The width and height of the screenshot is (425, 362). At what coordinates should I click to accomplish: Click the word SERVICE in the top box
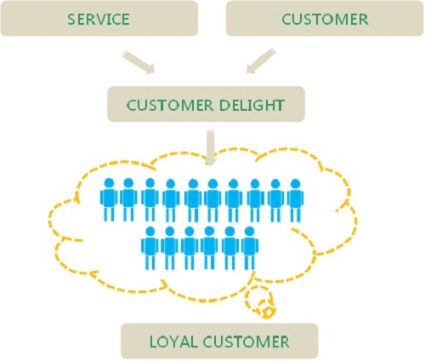[99, 20]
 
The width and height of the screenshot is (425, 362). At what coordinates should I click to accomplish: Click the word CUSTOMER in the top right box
[325, 20]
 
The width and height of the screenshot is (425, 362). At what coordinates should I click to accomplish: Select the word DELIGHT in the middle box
[252, 106]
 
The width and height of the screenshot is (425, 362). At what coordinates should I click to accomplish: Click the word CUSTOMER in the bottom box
[246, 342]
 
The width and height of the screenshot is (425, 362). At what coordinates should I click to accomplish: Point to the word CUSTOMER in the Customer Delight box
[170, 106]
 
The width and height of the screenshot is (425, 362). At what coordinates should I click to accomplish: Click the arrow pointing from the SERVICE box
[139, 63]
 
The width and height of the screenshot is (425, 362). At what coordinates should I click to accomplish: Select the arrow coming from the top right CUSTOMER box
[261, 60]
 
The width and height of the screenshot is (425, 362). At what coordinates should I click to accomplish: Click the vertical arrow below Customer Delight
[209, 147]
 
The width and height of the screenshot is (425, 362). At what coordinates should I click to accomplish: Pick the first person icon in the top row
[109, 199]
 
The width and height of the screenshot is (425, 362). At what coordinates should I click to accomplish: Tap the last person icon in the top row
[295, 200]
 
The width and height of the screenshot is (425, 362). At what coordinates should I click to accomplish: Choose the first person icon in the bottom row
[150, 248]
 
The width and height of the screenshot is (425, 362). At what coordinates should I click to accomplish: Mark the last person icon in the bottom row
[250, 248]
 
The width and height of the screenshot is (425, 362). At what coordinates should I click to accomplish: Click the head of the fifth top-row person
[193, 183]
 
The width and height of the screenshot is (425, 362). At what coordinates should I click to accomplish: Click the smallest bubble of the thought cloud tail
[268, 312]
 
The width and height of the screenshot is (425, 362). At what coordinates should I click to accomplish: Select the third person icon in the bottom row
[190, 248]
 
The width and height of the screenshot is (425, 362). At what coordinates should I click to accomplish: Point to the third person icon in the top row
[150, 199]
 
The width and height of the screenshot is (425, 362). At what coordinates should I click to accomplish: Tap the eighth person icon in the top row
[255, 200]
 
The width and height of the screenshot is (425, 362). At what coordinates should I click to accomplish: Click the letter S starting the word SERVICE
[71, 20]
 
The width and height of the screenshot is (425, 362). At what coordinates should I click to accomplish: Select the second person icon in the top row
[128, 199]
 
